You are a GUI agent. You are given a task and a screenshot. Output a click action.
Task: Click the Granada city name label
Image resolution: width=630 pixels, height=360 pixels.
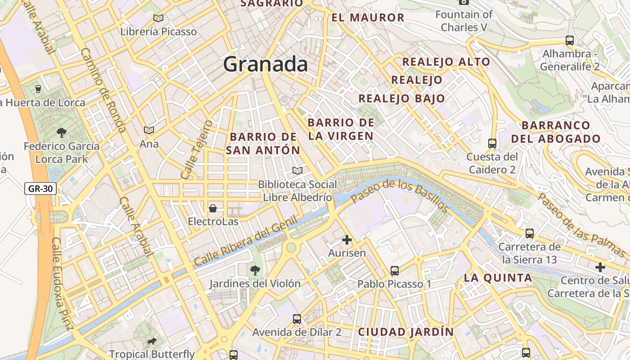pos(265,64)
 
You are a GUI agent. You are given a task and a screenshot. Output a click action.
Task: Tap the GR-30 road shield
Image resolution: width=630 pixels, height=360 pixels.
pos(40,189)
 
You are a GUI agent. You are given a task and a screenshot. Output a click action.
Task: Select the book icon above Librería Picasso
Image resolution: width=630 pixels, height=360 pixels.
pos(158,18)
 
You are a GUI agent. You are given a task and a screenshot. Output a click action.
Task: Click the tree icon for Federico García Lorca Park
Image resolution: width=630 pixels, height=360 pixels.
pos(62,133)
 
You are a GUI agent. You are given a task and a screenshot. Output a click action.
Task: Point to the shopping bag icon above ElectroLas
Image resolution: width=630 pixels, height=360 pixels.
pos(213,208)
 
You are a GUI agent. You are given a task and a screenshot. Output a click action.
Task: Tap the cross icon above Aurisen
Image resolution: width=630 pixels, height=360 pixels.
pos(346,240)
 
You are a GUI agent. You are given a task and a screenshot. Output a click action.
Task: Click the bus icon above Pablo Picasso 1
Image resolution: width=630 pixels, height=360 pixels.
pos(395,271)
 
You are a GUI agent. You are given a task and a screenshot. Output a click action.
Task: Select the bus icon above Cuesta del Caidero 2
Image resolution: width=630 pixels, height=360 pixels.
pos(492,144)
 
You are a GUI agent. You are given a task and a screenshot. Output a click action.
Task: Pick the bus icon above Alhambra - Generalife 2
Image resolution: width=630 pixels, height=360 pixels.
pos(570,40)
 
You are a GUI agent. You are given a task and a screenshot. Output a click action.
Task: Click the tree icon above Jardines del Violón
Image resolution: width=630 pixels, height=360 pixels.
pos(255,270)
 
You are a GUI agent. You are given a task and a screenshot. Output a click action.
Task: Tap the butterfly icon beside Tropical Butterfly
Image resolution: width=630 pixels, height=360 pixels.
pos(152,342)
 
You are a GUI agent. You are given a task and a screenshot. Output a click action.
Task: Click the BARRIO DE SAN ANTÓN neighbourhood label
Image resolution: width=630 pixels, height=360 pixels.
pos(263,144)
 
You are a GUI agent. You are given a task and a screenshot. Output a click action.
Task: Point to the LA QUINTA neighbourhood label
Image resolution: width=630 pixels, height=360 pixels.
pos(498,278)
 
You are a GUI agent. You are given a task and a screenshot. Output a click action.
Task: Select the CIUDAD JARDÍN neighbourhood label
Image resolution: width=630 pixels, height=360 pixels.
pos(406,332)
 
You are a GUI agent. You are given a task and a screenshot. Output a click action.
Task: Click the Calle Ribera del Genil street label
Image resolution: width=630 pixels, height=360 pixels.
pos(246,240)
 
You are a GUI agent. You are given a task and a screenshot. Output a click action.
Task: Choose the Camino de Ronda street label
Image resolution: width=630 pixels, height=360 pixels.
pos(103,90)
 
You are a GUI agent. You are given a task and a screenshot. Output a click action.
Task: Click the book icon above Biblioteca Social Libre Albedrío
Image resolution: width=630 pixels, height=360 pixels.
pos(297,171)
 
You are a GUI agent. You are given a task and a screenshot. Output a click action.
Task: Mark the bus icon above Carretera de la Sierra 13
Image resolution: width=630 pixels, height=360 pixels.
pos(530,234)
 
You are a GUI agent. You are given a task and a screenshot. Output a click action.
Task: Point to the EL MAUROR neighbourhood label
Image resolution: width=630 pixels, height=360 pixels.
pos(368,18)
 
